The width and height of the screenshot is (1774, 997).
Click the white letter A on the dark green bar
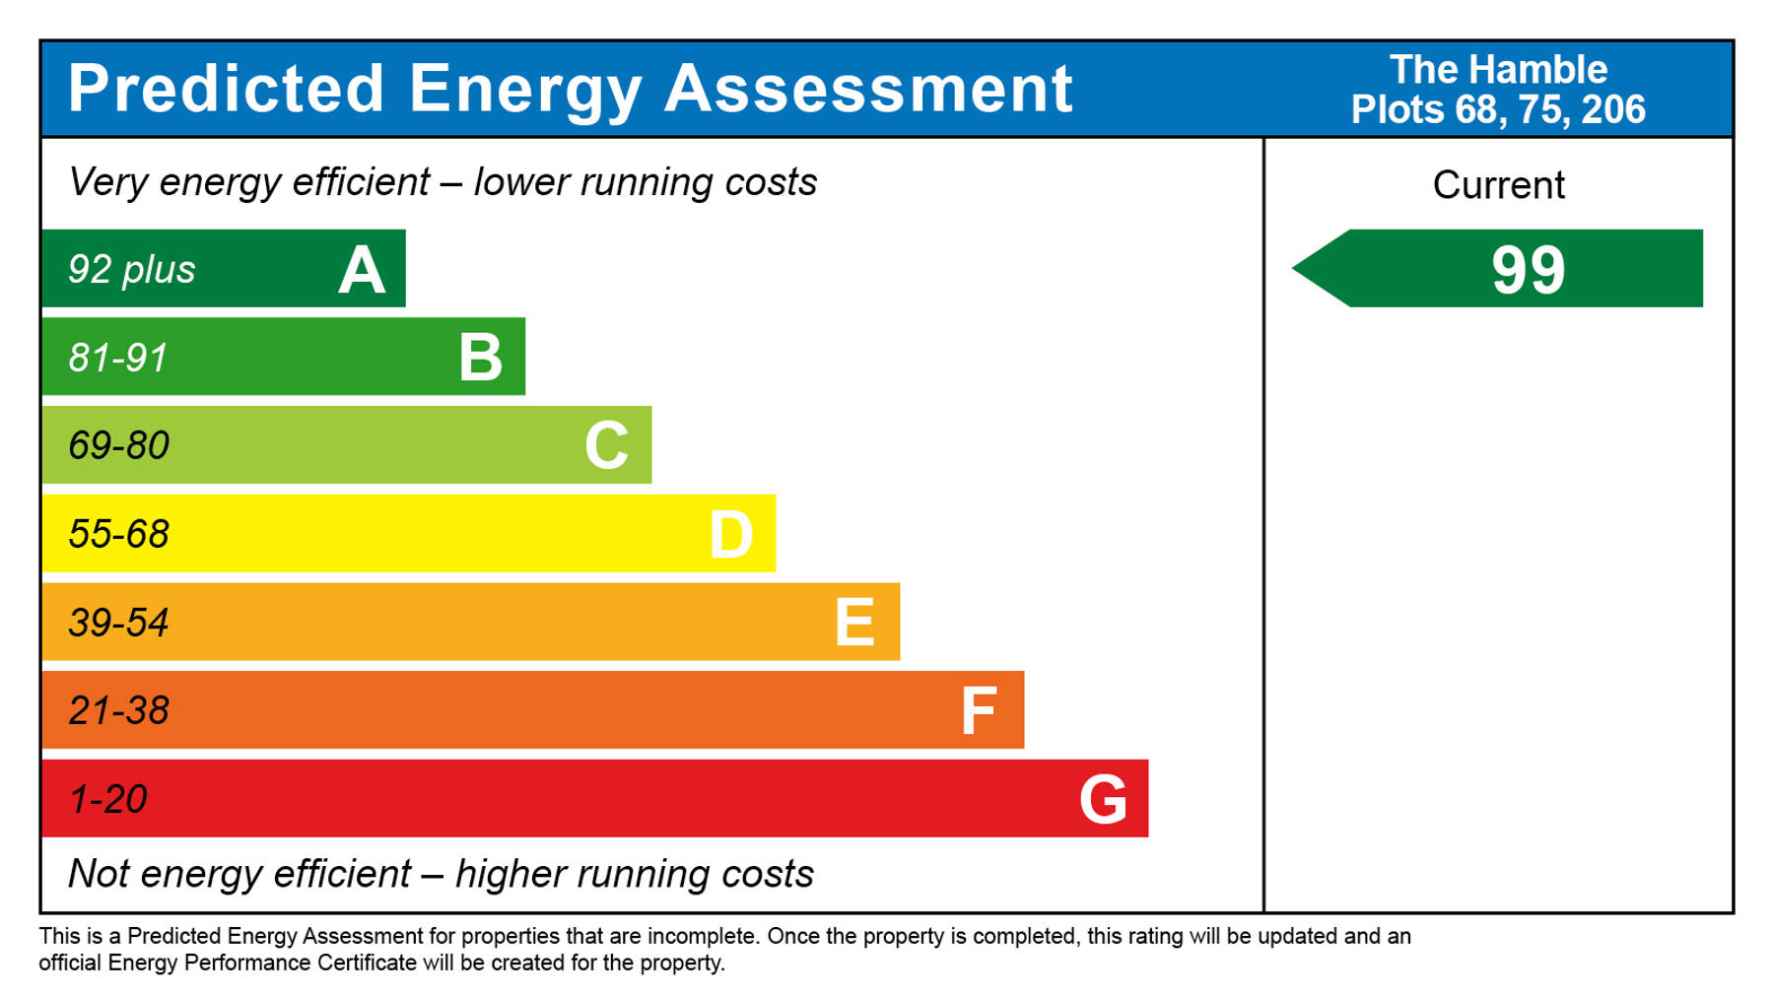coord(362,270)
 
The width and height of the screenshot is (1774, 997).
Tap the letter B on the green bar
coord(481,358)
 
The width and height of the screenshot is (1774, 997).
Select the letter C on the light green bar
coord(606,445)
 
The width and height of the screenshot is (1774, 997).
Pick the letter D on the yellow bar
coord(731,535)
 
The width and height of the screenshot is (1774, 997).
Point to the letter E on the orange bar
coord(854,623)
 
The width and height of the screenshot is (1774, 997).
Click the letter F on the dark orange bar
coord(979,711)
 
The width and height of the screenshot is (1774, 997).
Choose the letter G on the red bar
coord(1103,799)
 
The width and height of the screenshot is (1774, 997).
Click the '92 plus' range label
coord(131,270)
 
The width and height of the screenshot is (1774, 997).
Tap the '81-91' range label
coord(118,358)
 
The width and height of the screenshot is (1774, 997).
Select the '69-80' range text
coord(118,446)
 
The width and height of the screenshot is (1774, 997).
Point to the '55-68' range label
coord(118,534)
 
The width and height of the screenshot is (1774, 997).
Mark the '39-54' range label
coord(118,623)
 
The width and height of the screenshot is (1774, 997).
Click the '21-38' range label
coord(118,710)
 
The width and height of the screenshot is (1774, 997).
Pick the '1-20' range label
coord(107,799)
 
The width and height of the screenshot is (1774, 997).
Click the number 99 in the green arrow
coord(1528,270)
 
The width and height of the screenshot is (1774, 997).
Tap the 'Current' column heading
coord(1498,185)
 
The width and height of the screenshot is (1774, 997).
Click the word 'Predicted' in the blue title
coord(226,89)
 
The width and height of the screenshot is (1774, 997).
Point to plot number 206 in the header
coord(1613,109)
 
